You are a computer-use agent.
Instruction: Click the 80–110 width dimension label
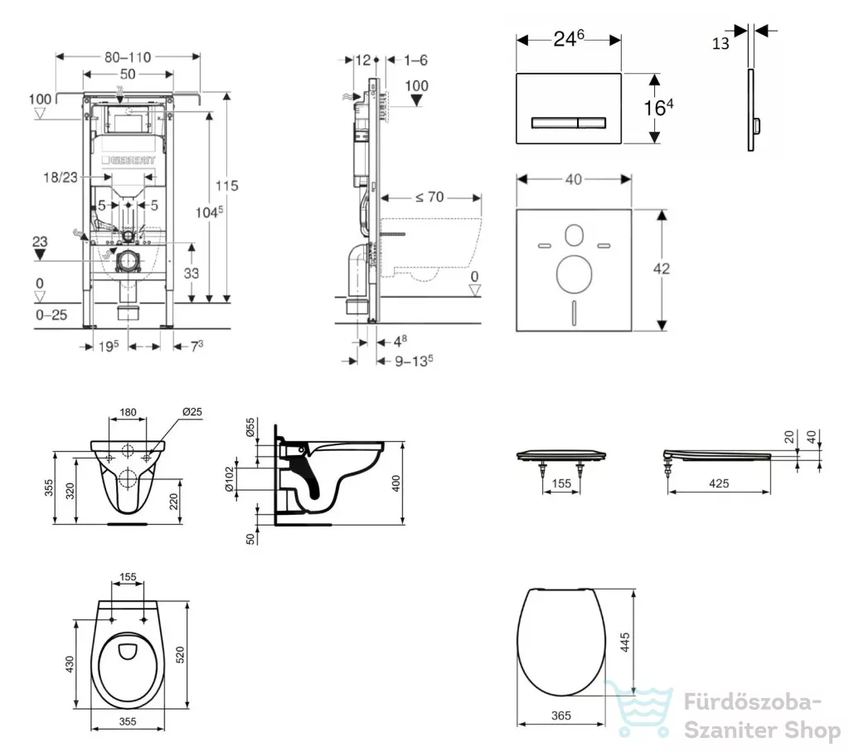click(128, 57)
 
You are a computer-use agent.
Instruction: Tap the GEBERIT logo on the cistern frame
click(129, 160)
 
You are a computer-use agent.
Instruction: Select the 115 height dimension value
click(227, 186)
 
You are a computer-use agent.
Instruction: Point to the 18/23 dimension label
click(60, 177)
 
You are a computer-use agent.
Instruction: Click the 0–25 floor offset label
click(51, 314)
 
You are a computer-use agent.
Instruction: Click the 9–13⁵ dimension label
click(414, 361)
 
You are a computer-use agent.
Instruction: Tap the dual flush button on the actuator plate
click(569, 124)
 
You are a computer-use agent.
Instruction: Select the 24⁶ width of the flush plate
click(569, 38)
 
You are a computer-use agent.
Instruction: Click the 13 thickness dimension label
click(720, 43)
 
